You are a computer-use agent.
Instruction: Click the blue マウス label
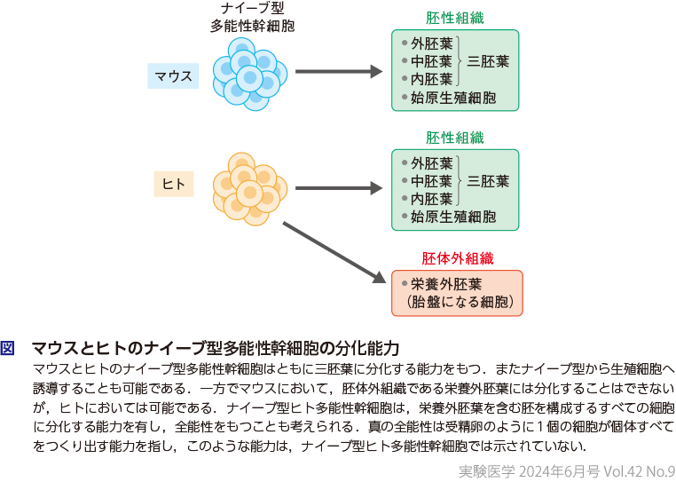[173, 75]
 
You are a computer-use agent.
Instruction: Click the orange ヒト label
[173, 184]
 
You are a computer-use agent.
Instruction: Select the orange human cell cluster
[249, 186]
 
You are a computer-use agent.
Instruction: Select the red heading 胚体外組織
[457, 258]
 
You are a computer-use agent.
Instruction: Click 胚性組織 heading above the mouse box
[455, 19]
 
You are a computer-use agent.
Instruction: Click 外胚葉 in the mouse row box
[432, 43]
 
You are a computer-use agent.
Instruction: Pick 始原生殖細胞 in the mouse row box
[452, 98]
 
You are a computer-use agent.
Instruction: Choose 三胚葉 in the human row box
[488, 181]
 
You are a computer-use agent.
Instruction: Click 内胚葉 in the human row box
[432, 199]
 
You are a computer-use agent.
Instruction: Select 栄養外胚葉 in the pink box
[446, 285]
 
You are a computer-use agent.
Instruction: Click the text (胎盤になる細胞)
[456, 303]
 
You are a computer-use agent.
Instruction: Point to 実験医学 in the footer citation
[487, 471]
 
